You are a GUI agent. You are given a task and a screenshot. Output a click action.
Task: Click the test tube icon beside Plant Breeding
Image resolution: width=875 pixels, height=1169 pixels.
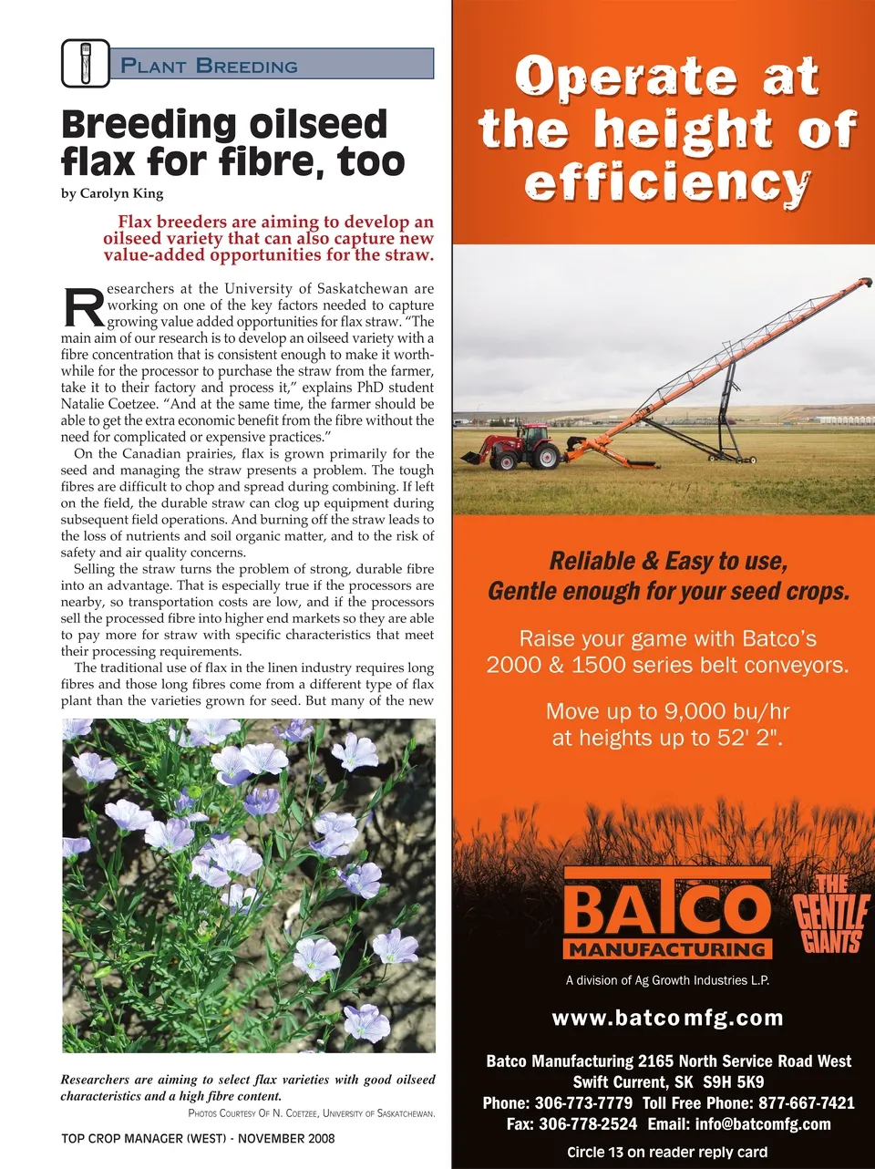(86, 63)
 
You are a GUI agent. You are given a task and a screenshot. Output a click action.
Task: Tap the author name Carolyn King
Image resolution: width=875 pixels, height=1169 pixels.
(121, 193)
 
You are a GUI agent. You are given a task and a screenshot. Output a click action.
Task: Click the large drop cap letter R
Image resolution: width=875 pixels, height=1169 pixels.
(83, 308)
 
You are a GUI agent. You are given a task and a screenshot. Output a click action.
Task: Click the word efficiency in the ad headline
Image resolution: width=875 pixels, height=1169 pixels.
(667, 182)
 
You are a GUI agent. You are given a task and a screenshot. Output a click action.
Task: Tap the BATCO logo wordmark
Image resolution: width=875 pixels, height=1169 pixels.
(667, 908)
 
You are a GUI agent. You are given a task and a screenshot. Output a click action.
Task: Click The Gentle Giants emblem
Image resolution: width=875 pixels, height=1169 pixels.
(830, 914)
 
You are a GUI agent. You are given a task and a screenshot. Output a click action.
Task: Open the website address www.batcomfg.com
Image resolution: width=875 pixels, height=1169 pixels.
(667, 1018)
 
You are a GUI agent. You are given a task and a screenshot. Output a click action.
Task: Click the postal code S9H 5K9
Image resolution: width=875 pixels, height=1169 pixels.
(734, 1082)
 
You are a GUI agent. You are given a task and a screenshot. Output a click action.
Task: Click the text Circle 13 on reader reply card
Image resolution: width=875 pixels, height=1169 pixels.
(667, 1152)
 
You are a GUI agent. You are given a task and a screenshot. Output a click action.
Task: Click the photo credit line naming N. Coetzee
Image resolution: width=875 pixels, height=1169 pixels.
(311, 1113)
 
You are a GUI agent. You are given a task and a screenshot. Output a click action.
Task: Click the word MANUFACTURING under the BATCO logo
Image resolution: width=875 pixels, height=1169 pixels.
(667, 949)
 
